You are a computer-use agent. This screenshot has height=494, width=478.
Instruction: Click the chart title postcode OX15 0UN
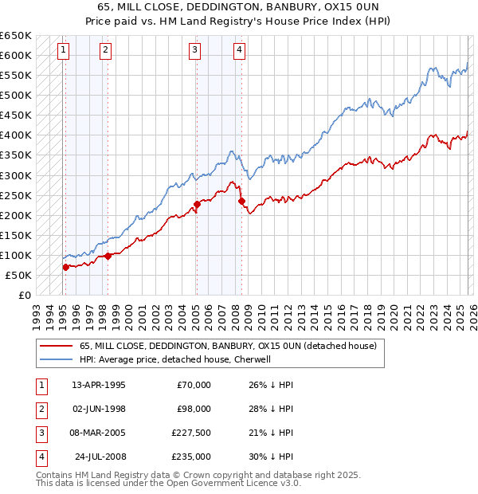pos(345,7)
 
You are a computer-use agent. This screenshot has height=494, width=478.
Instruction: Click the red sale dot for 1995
pos(65,268)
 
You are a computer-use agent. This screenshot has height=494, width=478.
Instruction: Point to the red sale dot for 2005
pos(197,205)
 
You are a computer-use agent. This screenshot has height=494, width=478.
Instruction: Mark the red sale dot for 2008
pos(241,202)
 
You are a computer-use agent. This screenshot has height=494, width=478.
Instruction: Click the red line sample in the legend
pos(55,347)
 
